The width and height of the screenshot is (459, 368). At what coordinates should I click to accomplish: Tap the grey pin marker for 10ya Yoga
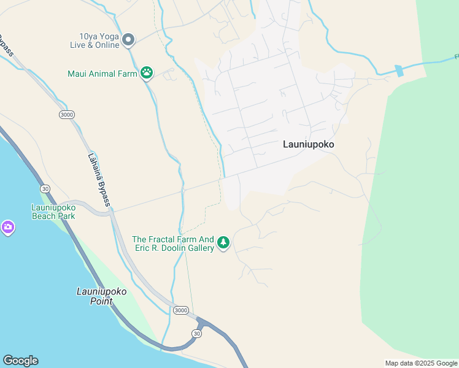128,40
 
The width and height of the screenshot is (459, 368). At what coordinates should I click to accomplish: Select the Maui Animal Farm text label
102,74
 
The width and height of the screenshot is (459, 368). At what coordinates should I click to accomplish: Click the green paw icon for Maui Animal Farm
147,74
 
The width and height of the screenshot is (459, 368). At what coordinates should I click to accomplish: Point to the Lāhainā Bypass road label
99,179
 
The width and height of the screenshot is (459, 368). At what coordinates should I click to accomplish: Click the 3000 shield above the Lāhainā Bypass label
66,115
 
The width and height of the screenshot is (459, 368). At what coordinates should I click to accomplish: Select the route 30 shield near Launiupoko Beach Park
45,189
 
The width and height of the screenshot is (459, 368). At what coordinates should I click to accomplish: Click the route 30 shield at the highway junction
196,333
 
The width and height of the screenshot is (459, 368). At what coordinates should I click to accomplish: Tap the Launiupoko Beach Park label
53,212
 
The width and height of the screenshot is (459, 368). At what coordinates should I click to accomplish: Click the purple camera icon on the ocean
7,228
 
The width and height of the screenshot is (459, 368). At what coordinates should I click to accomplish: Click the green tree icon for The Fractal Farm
223,243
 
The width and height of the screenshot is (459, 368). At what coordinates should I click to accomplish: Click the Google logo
20,361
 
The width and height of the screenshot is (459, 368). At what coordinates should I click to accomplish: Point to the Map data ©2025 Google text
421,363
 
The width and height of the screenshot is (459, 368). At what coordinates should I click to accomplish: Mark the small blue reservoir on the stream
399,71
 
